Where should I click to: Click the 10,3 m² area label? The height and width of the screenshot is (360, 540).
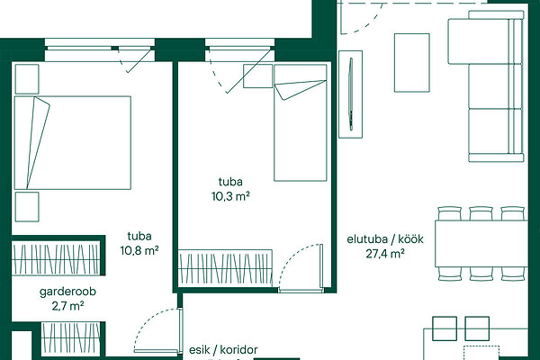click(230, 197)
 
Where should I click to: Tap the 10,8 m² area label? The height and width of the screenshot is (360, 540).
click(139, 250)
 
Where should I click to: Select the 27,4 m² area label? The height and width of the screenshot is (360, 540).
click(385, 254)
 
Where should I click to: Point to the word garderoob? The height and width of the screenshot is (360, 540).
click(67, 292)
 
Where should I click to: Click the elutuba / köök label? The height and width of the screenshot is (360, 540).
click(385, 239)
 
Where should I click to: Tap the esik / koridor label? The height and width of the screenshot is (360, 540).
click(223, 350)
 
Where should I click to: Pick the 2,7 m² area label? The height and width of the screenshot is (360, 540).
click(68, 306)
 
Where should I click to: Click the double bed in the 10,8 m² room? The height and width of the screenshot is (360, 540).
click(73, 143)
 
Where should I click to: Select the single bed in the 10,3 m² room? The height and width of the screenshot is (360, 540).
click(301, 122)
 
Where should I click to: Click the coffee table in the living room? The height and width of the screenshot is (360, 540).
click(412, 63)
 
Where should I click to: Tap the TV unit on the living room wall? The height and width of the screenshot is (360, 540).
click(351, 94)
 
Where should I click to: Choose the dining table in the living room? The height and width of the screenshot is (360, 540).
click(481, 244)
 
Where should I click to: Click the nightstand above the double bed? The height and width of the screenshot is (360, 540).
click(27, 79)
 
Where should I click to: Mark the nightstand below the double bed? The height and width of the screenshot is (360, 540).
click(27, 207)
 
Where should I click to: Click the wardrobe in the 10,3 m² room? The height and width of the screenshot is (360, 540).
click(226, 268)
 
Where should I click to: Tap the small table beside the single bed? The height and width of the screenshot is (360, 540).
click(258, 76)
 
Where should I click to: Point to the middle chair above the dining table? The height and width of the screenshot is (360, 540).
click(481, 213)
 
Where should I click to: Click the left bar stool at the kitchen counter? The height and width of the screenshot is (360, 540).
click(445, 328)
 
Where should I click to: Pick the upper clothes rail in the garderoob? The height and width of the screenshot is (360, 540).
click(56, 258)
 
